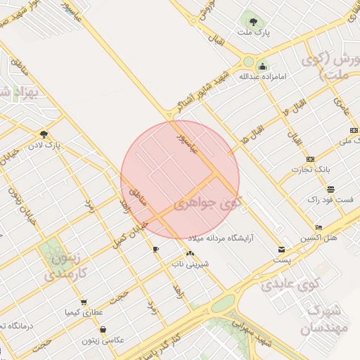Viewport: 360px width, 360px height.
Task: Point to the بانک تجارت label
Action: [312, 170]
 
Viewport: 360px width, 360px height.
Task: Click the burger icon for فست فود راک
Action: [330, 189]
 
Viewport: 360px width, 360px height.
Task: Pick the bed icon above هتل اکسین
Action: [319, 228]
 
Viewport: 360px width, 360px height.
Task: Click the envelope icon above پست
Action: [282, 249]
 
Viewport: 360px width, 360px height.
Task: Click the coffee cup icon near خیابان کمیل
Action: [155, 249]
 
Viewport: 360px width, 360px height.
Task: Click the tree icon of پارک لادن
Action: [44, 134]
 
